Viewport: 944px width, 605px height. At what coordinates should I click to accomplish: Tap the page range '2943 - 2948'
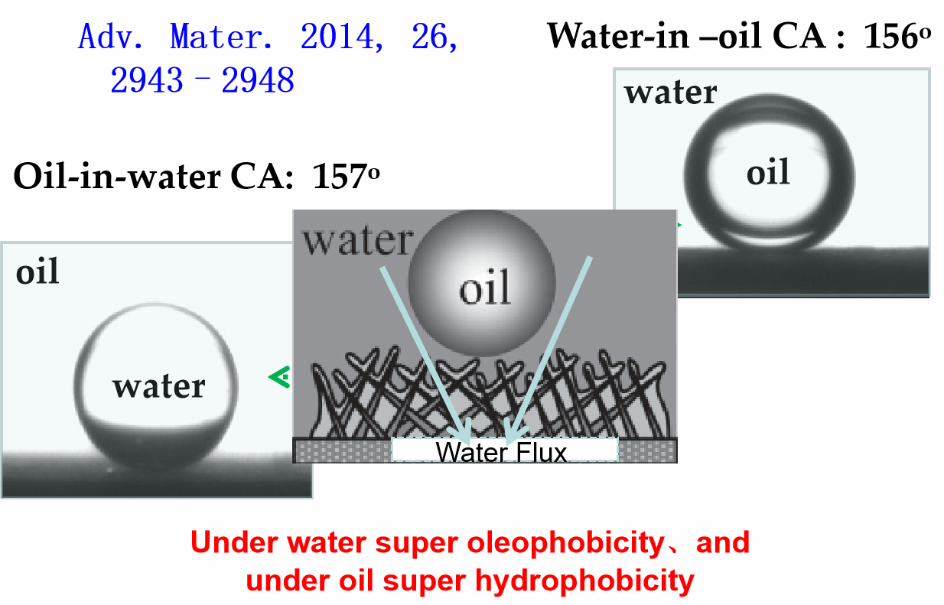click(x=202, y=80)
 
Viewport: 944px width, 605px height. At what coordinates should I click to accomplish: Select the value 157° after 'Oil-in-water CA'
click(x=346, y=177)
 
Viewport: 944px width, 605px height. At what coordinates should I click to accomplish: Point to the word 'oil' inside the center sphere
click(x=483, y=290)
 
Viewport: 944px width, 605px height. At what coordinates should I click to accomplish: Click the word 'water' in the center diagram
click(x=356, y=240)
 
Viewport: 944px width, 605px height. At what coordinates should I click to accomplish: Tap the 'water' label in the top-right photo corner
click(x=670, y=92)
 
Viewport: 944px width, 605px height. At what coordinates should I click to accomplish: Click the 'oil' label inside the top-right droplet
click(x=767, y=173)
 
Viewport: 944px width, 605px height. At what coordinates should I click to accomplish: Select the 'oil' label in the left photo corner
click(x=37, y=272)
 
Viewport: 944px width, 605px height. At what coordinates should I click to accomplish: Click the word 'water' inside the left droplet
click(x=159, y=386)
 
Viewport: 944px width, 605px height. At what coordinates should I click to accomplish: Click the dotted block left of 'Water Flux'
click(x=343, y=450)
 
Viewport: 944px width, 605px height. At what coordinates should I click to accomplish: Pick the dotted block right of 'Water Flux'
click(x=647, y=450)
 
